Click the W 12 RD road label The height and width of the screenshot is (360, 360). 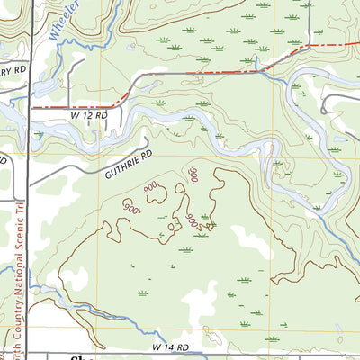(89, 115)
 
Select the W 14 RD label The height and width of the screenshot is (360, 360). (170, 346)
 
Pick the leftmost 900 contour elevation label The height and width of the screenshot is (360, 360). (132, 205)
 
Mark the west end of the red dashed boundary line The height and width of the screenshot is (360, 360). (33, 107)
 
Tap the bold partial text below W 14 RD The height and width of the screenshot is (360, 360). (81, 356)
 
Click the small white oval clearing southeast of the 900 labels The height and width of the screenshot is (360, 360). (240, 240)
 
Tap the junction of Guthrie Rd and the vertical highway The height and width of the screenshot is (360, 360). (29, 186)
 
